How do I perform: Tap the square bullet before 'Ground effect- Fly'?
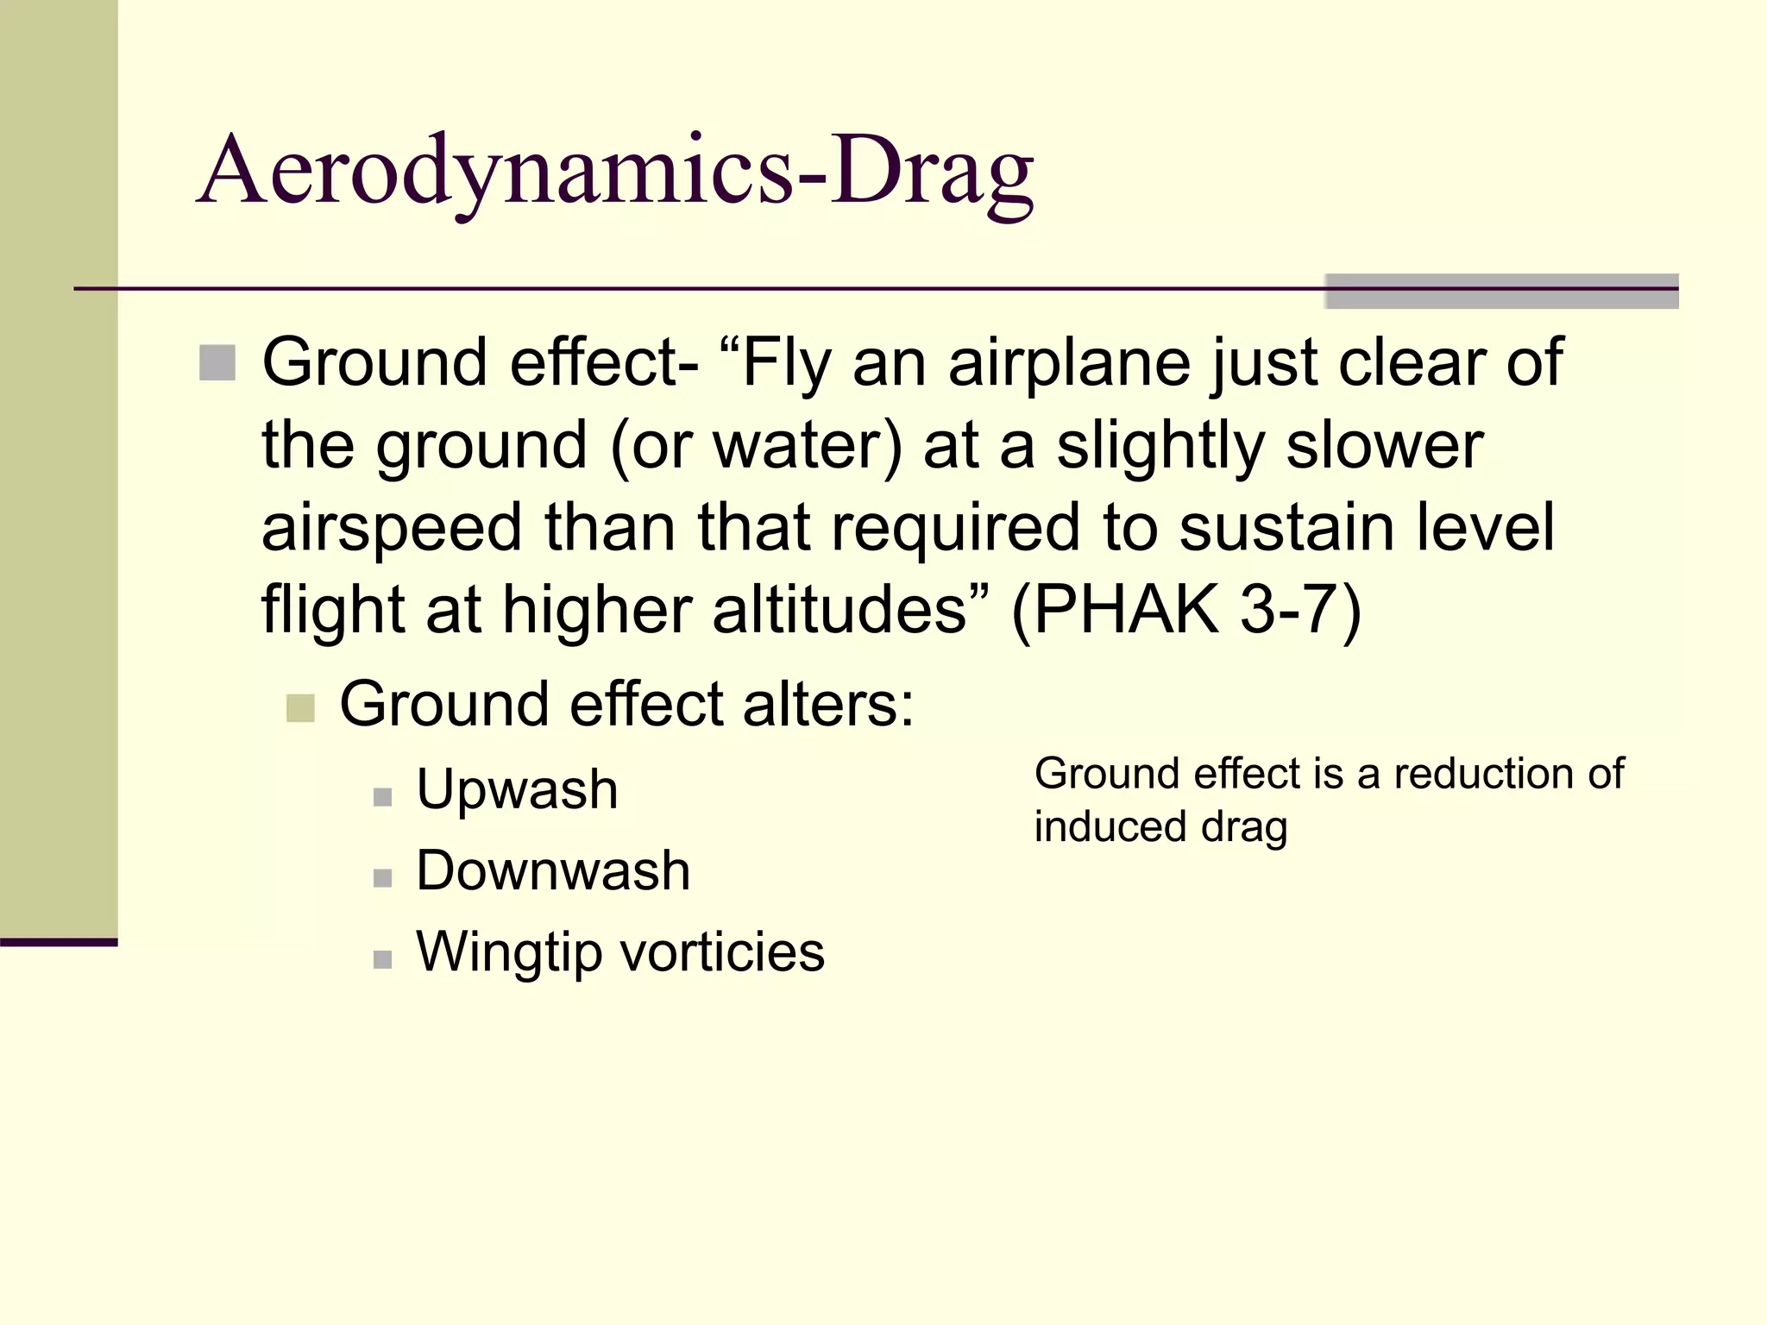217,362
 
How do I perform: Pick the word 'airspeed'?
392,528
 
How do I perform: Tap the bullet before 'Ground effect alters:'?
300,708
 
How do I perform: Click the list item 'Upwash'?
517,788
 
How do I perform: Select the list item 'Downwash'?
553,870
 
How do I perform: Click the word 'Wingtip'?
509,951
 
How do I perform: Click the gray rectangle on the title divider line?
1501,292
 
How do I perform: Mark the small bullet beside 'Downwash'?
383,878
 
